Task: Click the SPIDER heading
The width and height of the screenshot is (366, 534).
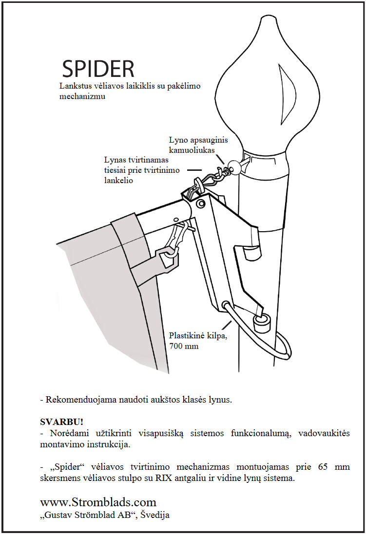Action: [98, 70]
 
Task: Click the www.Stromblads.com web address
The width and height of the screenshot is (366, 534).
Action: [98, 502]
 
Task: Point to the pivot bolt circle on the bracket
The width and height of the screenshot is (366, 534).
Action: [200, 203]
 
